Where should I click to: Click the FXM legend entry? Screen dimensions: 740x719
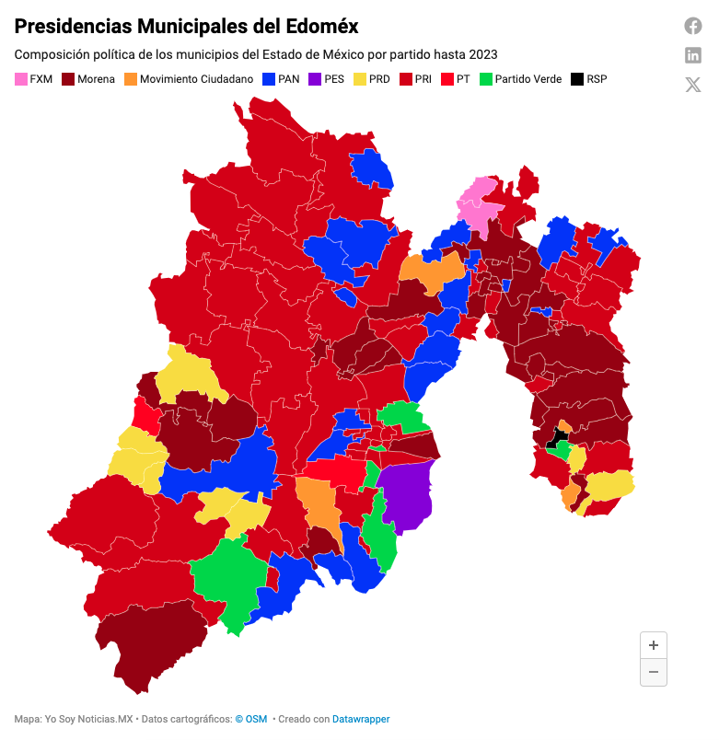(33, 79)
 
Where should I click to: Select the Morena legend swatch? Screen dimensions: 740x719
(68, 79)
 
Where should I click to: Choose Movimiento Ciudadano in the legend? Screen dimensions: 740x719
(188, 79)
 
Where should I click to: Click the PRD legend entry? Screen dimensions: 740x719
(371, 79)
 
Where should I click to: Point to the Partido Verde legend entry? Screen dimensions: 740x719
(520, 79)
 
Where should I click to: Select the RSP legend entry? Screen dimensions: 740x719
(589, 79)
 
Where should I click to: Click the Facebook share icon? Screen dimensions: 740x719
(693, 26)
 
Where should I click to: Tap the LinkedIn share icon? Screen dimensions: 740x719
(693, 55)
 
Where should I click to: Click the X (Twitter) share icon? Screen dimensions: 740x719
(693, 85)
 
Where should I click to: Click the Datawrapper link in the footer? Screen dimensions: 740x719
(361, 719)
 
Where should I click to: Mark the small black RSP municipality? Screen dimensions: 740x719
(558, 435)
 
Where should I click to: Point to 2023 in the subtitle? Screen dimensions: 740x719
(482, 55)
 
